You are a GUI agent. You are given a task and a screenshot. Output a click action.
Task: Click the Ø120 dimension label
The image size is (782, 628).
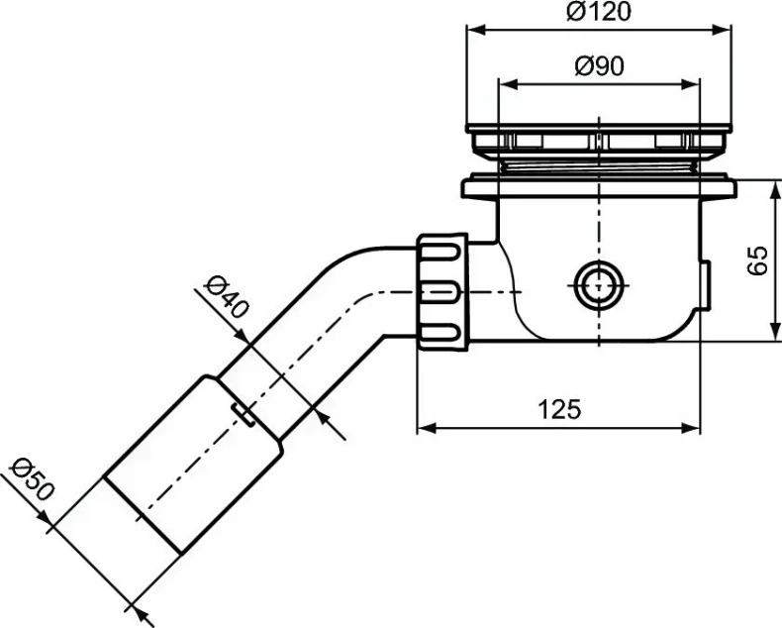599,13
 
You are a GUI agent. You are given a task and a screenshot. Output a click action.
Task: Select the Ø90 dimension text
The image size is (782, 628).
599,67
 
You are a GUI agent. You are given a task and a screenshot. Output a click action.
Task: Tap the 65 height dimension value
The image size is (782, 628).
758,261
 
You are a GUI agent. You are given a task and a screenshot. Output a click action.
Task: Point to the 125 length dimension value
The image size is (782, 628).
559,408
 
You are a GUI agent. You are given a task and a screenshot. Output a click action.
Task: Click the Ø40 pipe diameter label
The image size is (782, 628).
226,295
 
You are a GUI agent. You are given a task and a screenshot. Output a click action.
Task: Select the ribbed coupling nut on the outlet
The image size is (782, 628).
442,291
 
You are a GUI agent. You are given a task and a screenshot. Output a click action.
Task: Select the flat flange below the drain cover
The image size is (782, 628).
599,184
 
